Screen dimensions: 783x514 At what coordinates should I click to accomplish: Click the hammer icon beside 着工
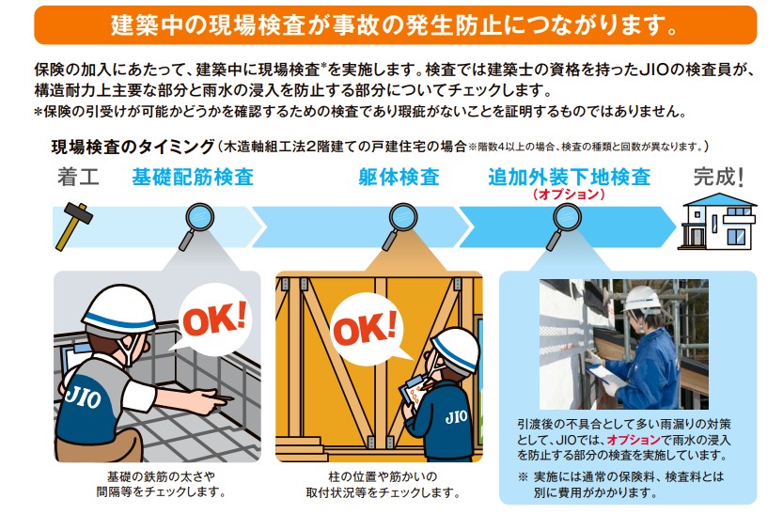(74, 226)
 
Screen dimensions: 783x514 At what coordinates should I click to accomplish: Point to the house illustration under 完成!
(717, 221)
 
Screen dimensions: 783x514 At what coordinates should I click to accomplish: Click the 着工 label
(78, 178)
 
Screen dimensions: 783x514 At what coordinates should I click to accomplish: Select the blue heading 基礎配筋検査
(193, 178)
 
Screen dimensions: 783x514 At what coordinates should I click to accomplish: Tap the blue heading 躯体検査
(399, 178)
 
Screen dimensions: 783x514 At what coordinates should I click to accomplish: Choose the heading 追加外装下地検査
(570, 178)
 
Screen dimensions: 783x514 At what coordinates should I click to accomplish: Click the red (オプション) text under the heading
(569, 195)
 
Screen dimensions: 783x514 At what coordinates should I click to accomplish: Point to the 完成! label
(719, 178)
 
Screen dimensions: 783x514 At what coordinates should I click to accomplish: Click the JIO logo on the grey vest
(83, 397)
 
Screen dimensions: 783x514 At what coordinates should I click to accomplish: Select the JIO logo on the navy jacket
(456, 416)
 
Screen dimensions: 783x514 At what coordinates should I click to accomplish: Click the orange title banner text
(395, 25)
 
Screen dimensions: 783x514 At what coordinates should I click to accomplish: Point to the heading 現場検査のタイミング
(133, 147)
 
